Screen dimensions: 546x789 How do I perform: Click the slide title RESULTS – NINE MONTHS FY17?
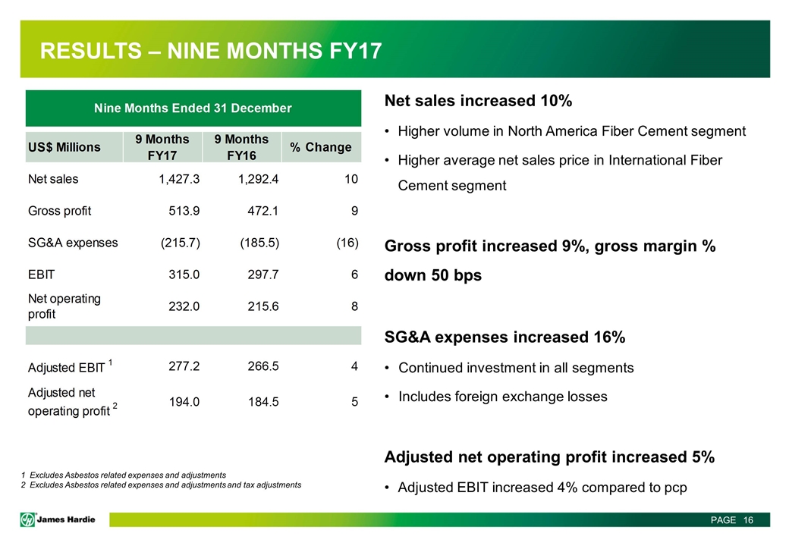coord(211,51)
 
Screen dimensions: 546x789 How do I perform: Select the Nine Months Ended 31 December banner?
coord(193,108)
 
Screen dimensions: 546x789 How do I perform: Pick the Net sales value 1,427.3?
coord(177,180)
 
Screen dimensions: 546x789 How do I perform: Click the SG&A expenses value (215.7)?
coord(180,243)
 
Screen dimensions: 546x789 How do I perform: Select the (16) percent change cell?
coord(346,243)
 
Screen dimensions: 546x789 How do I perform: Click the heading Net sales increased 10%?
coord(478,102)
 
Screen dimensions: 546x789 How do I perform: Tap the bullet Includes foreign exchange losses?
coord(502,397)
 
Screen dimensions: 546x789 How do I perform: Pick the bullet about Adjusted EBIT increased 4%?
coord(542,487)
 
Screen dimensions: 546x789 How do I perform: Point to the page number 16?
coord(747,520)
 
